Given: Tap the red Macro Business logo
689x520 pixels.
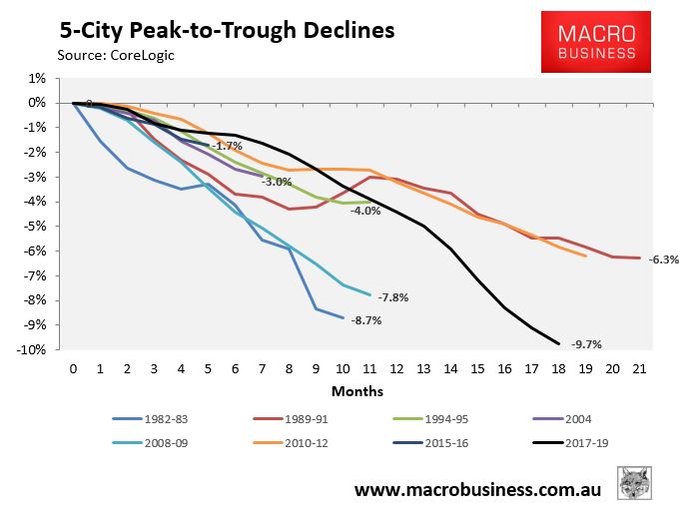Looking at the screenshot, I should tap(588, 42).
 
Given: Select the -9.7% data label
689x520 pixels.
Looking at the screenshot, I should tap(587, 344).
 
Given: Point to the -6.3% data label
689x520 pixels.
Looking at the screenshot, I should tap(664, 260).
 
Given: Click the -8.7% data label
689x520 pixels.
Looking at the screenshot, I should tap(365, 320).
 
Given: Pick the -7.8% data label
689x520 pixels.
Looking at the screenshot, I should tap(392, 296).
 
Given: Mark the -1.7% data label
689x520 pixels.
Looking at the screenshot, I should tap(229, 146).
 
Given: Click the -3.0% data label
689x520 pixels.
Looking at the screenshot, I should tap(277, 182).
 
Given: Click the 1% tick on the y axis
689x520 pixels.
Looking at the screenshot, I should tap(36, 78).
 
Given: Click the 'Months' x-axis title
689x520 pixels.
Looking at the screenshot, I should tap(356, 391).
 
